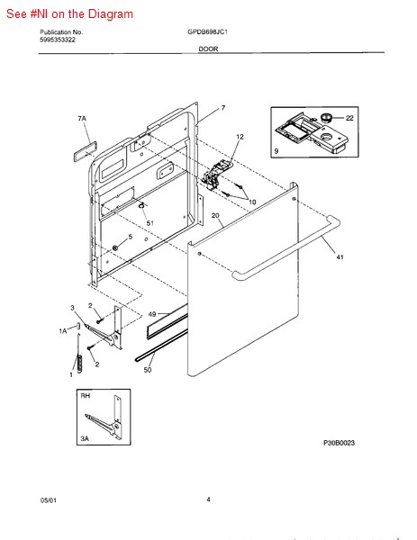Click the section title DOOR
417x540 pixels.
(x=208, y=50)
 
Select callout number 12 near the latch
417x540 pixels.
(x=240, y=137)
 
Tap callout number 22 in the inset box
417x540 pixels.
(x=349, y=118)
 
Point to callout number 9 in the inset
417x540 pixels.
(x=276, y=152)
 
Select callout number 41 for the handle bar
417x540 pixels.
(x=339, y=258)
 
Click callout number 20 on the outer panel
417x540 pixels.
(x=215, y=216)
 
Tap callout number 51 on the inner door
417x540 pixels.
(x=150, y=223)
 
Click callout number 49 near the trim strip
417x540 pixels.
(x=139, y=315)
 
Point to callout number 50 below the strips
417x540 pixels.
(x=148, y=370)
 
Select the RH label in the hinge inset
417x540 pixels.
(x=85, y=395)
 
